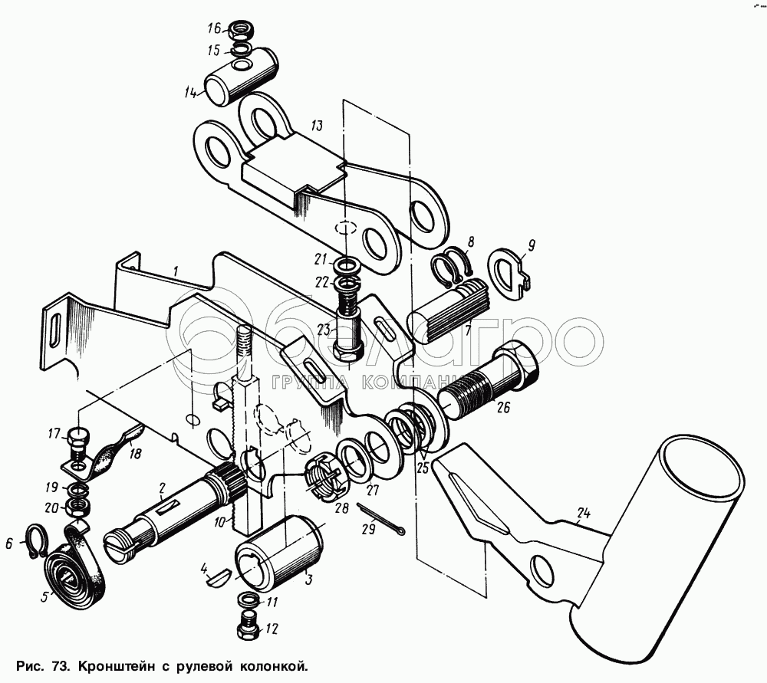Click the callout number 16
click(214, 29)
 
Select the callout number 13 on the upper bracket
click(316, 125)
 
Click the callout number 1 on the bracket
click(176, 271)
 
